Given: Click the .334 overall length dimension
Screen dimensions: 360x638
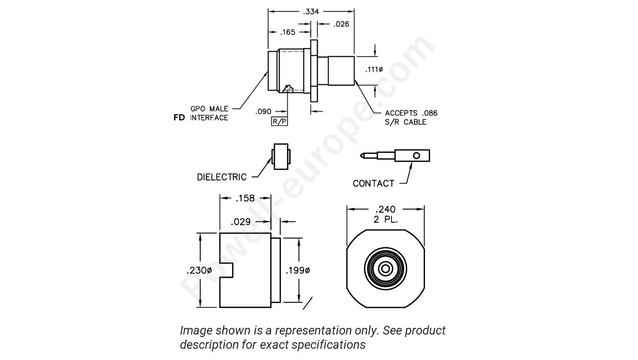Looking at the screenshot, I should pyautogui.click(x=310, y=11).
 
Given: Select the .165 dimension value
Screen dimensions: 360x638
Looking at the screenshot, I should pyautogui.click(x=288, y=33).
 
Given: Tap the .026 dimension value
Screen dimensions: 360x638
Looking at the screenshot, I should pyautogui.click(x=341, y=24).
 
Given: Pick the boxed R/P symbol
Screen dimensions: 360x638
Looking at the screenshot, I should pyautogui.click(x=279, y=121).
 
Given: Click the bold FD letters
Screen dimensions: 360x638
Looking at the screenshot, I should pyautogui.click(x=180, y=118).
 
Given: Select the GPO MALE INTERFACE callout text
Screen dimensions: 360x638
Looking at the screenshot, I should pyautogui.click(x=209, y=113).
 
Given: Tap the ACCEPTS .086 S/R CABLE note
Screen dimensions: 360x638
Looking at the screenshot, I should pyautogui.click(x=411, y=117).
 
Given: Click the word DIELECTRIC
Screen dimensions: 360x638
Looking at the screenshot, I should pyautogui.click(x=222, y=177).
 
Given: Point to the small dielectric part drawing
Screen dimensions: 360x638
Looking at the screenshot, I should pyautogui.click(x=281, y=156).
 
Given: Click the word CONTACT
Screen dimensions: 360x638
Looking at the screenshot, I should pyautogui.click(x=373, y=184).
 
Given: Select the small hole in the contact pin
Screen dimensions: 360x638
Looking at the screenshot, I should pyautogui.click(x=417, y=155).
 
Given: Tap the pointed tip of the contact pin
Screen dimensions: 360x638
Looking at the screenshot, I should pyautogui.click(x=361, y=155).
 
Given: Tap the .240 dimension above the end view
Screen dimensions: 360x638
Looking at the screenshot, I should pyautogui.click(x=385, y=209).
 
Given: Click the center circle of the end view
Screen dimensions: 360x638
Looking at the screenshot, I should pyautogui.click(x=386, y=269).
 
